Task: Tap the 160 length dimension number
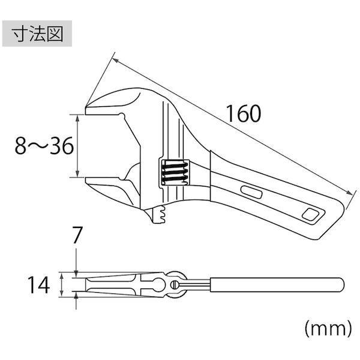pyautogui.click(x=244, y=113)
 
